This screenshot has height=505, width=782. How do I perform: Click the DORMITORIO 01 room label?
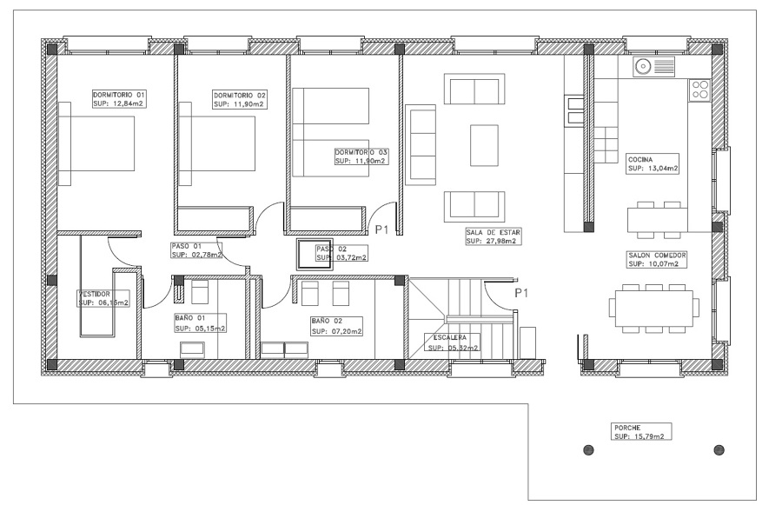click(x=119, y=95)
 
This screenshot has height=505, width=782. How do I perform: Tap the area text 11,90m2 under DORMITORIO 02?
click(x=248, y=104)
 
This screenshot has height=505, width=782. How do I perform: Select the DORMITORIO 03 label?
click(x=361, y=152)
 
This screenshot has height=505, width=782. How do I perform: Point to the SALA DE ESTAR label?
click(x=493, y=232)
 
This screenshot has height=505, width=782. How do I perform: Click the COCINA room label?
click(x=640, y=160)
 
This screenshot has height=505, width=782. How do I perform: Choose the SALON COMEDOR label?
click(x=658, y=255)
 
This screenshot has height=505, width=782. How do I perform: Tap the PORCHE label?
click(x=627, y=428)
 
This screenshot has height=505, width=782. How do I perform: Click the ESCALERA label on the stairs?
click(x=447, y=338)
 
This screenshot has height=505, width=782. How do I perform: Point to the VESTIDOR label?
click(x=94, y=294)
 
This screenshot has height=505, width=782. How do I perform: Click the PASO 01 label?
click(x=186, y=246)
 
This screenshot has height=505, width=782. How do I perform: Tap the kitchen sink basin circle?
click(x=643, y=66)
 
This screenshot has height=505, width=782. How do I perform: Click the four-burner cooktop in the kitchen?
click(x=699, y=90)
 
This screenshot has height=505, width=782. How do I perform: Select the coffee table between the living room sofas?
click(x=484, y=145)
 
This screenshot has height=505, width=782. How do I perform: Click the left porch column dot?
click(x=588, y=450)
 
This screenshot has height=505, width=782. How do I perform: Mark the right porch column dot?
click(x=719, y=450)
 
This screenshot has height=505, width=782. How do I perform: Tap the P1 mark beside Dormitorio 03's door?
click(x=381, y=229)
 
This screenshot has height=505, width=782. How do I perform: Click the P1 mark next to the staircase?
click(x=521, y=293)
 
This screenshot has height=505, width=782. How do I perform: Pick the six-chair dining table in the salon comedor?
click(x=653, y=309)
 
